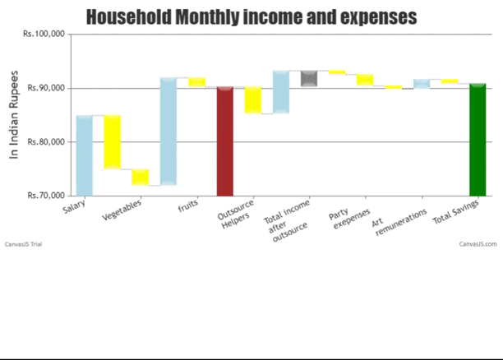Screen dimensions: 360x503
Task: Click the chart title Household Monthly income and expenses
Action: tap(251, 16)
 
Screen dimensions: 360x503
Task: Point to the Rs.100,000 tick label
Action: tap(46, 35)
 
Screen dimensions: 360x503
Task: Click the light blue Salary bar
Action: tap(84, 155)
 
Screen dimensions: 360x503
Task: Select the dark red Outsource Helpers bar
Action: tap(224, 141)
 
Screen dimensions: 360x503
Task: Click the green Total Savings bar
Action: tap(478, 140)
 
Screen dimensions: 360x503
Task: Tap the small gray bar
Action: tap(309, 78)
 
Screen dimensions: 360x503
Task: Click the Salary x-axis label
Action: tap(75, 209)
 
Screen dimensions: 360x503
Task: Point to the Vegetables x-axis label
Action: tap(122, 212)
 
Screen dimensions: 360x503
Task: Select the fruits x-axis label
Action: tap(187, 208)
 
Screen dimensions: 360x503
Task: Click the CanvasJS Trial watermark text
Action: tap(23, 244)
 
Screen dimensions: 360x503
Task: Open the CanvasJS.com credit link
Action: tap(478, 244)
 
